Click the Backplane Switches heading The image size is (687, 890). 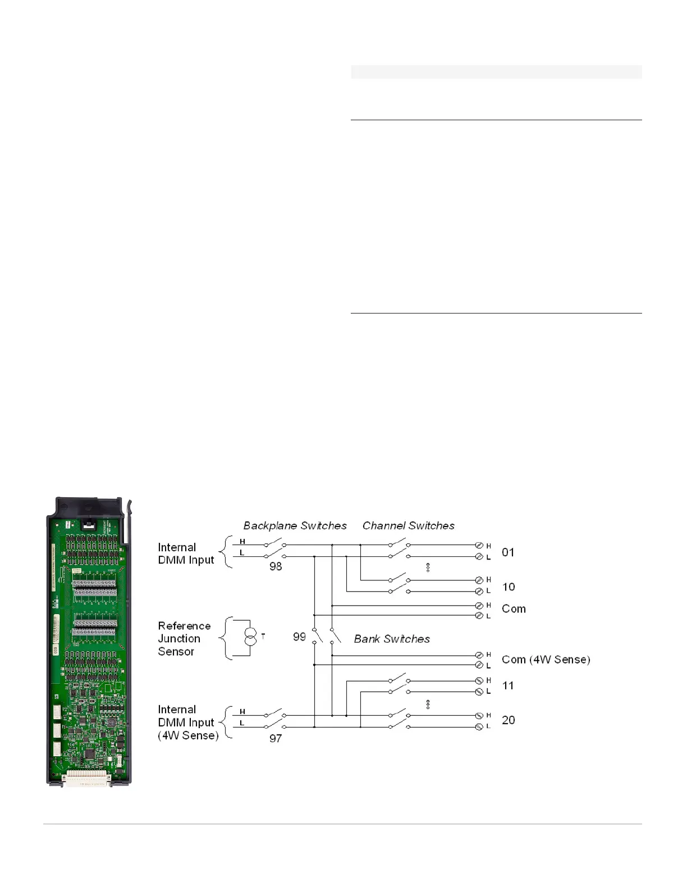click(x=295, y=525)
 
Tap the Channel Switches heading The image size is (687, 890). click(x=409, y=525)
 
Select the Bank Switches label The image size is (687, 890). click(x=392, y=639)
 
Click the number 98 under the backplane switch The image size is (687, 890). click(x=276, y=566)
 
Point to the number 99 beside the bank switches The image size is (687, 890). click(x=299, y=637)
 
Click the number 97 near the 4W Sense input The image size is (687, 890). click(x=276, y=738)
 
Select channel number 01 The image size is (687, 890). click(x=508, y=552)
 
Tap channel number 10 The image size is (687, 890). click(x=508, y=587)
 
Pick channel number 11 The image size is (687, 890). click(x=508, y=685)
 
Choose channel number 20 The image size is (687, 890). click(x=508, y=720)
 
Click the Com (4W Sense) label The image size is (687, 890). click(x=546, y=660)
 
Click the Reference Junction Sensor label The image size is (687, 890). click(x=184, y=638)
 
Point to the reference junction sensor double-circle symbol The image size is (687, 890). click(x=250, y=637)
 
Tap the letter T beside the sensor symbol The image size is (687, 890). click(x=263, y=637)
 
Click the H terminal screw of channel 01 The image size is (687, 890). click(x=479, y=545)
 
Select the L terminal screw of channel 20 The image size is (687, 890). click(x=479, y=727)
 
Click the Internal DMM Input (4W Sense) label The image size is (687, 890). click(x=188, y=723)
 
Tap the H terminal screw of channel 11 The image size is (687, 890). click(x=479, y=681)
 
